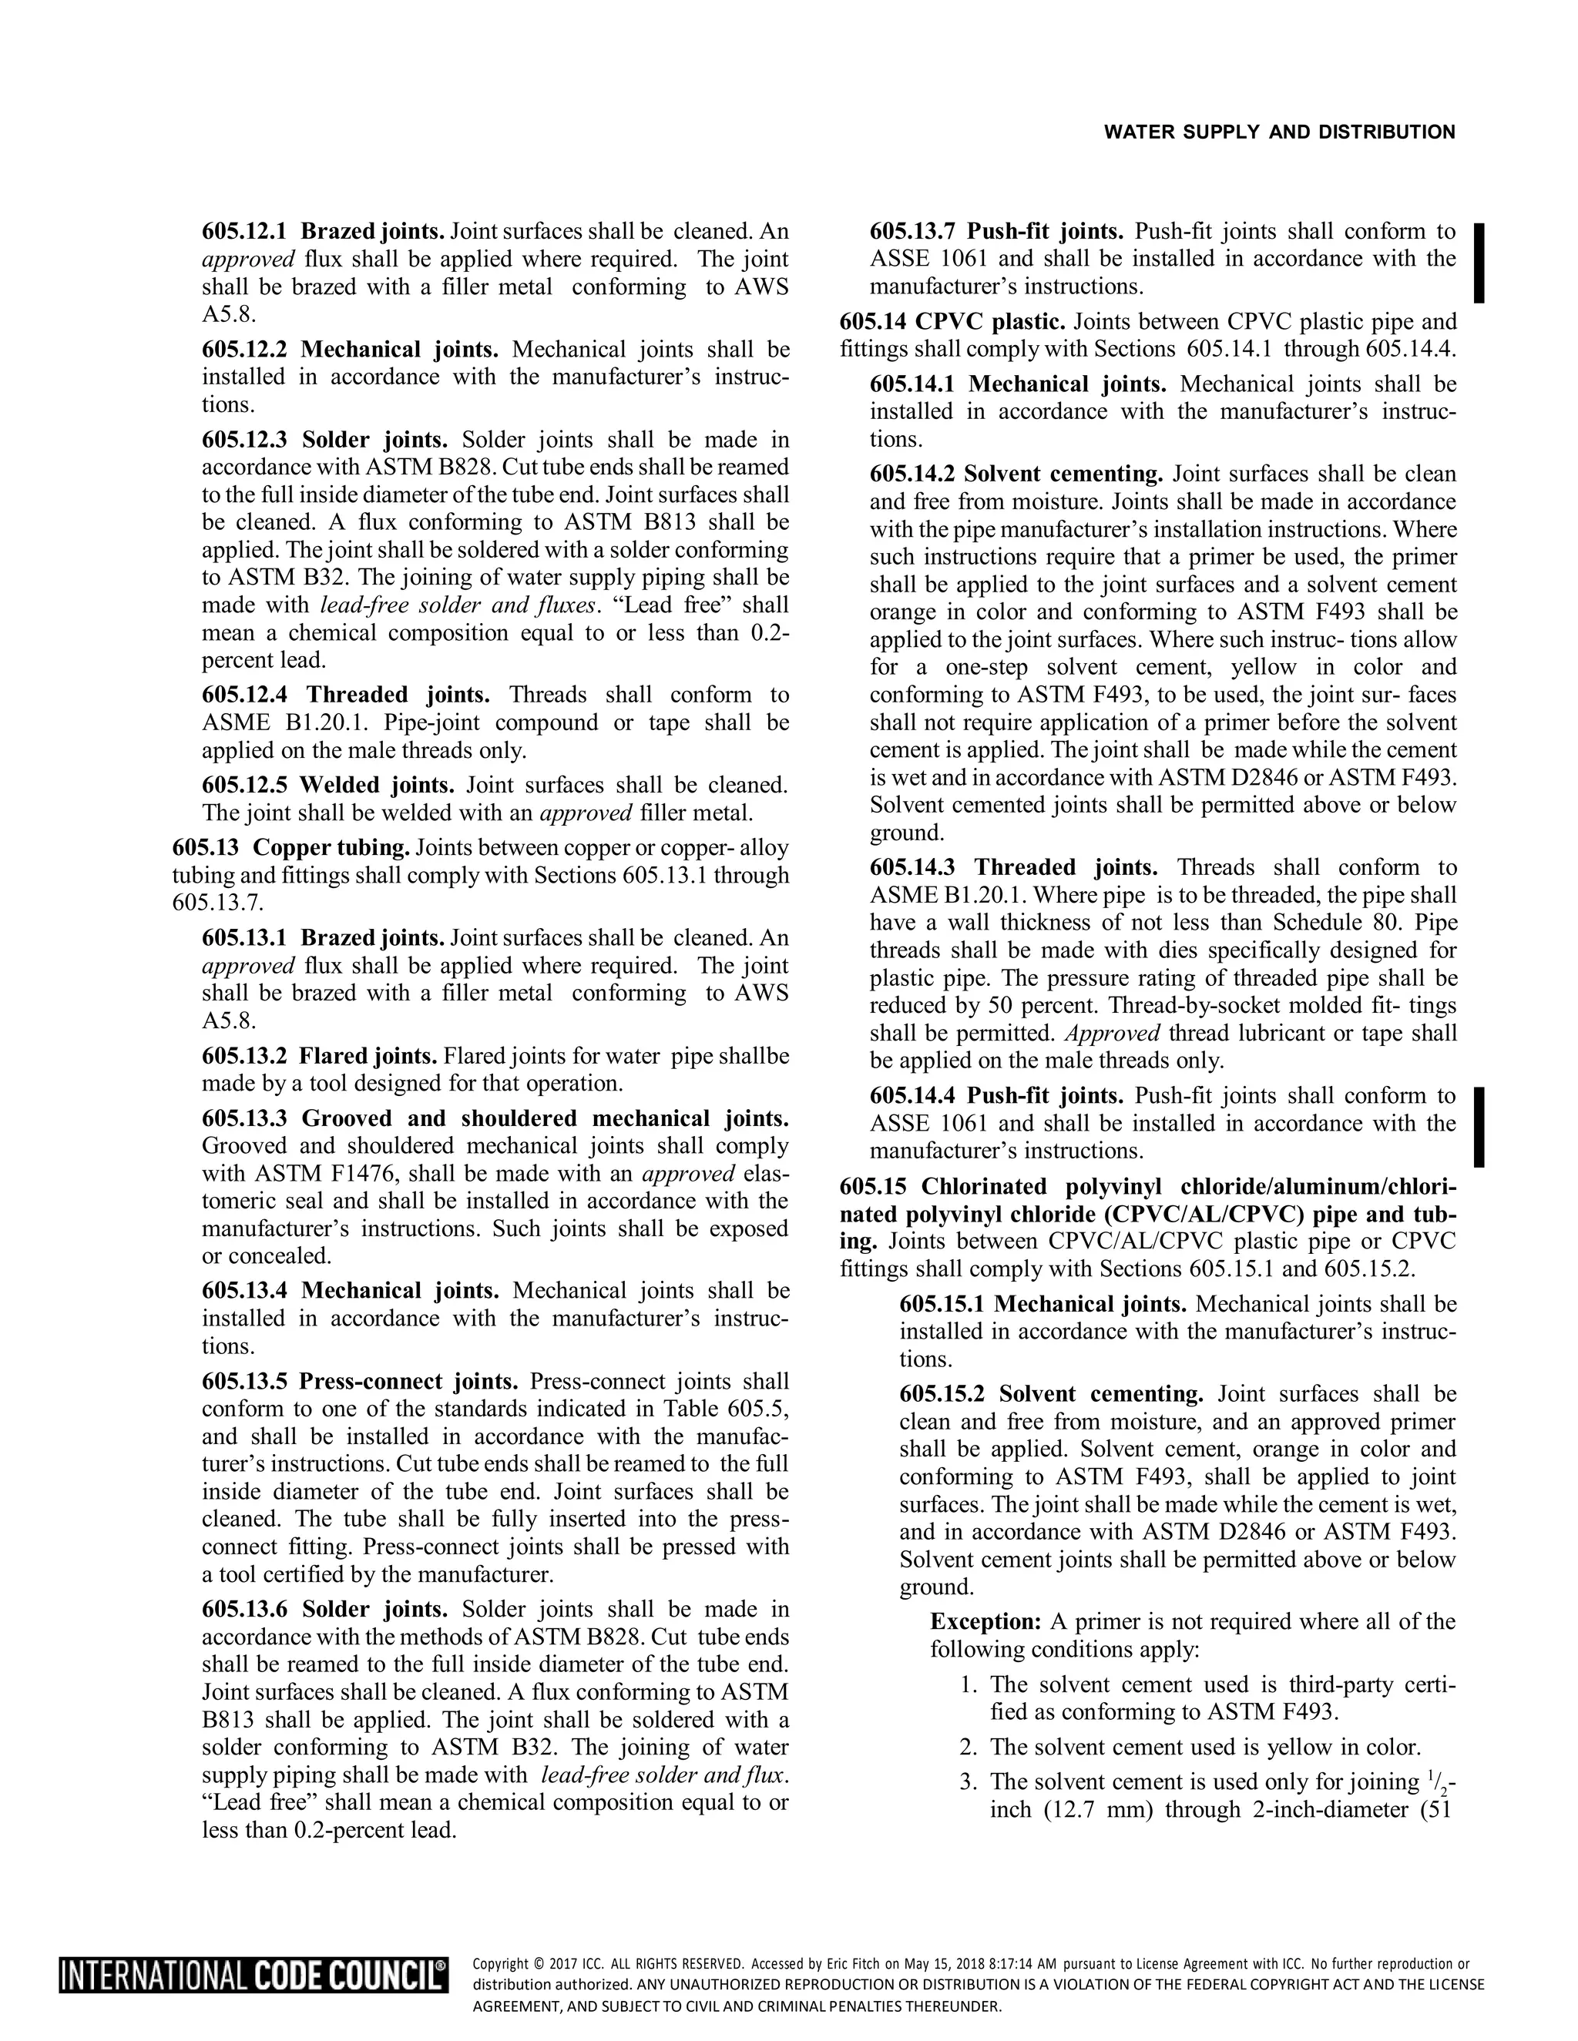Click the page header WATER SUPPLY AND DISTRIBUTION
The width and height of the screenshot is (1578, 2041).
(1279, 132)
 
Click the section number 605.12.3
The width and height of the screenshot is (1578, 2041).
(246, 439)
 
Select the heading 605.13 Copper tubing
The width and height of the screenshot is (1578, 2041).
(290, 848)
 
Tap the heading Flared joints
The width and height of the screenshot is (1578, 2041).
(368, 1056)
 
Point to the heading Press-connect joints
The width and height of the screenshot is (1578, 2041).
(408, 1381)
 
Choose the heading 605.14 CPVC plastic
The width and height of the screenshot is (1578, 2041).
(952, 323)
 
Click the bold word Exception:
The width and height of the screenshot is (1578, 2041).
(985, 1621)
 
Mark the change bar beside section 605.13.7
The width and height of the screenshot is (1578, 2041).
(1479, 263)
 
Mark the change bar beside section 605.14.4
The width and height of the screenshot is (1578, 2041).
(1479, 1126)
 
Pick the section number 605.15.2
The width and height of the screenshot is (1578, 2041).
(942, 1394)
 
